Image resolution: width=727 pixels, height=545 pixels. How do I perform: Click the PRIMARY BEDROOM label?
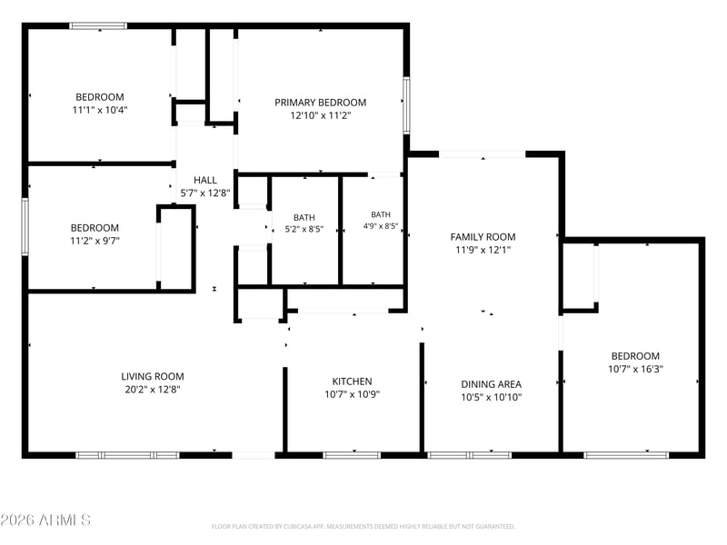(321, 103)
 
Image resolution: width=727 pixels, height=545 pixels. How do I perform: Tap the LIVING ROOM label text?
(153, 376)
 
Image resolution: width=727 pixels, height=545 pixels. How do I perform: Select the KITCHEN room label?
(352, 381)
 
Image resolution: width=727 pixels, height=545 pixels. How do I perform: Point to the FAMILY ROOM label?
(483, 237)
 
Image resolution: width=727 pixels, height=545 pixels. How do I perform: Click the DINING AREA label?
(491, 384)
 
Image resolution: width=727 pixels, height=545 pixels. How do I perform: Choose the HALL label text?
(205, 180)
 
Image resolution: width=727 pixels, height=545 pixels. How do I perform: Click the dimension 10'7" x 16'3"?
(635, 369)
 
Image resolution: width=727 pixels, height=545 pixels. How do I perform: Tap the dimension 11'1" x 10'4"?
(100, 110)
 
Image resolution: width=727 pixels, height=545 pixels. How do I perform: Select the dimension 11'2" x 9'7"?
(95, 241)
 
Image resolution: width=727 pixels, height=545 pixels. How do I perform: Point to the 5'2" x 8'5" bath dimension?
(304, 229)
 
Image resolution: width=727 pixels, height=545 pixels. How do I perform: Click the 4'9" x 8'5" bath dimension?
(381, 226)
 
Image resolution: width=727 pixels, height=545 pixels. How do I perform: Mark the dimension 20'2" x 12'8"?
(153, 390)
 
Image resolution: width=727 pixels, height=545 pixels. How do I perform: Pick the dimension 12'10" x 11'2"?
(321, 115)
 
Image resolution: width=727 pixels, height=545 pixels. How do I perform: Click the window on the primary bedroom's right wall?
(406, 105)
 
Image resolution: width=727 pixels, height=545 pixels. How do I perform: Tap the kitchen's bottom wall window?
(352, 455)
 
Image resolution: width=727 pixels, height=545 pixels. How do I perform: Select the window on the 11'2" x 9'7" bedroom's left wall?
(25, 226)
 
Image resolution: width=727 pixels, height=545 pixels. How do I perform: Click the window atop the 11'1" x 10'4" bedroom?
(98, 26)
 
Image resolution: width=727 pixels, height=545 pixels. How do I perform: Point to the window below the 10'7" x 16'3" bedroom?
(626, 455)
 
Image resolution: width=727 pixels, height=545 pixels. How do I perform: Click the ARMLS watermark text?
(45, 520)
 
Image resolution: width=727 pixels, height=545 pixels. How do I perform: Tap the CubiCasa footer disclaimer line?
(363, 527)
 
